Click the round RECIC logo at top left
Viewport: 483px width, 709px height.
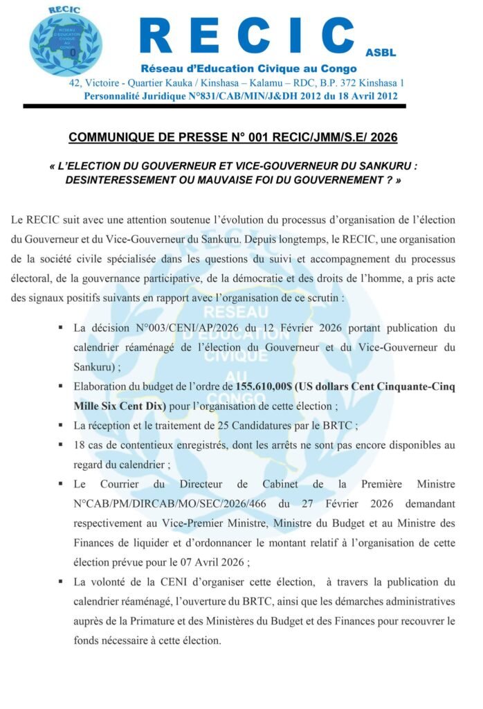65,42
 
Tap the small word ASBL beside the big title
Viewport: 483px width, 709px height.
381,53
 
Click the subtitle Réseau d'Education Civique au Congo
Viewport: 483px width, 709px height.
248,69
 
